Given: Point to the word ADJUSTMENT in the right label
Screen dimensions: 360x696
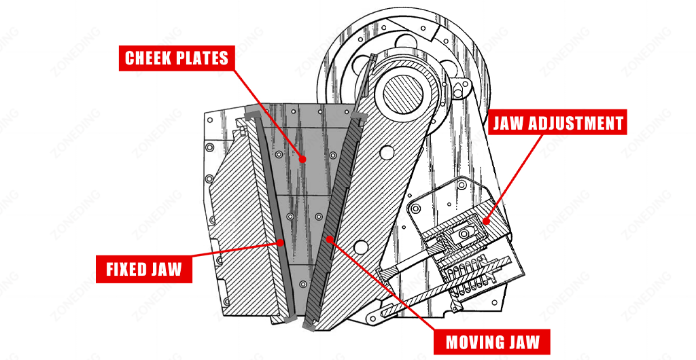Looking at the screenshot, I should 580,124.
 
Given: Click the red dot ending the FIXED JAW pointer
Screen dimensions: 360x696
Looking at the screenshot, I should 279,241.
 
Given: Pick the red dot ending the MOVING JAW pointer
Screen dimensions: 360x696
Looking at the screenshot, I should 329,238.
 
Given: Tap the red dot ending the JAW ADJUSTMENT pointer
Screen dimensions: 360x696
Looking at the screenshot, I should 487,219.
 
